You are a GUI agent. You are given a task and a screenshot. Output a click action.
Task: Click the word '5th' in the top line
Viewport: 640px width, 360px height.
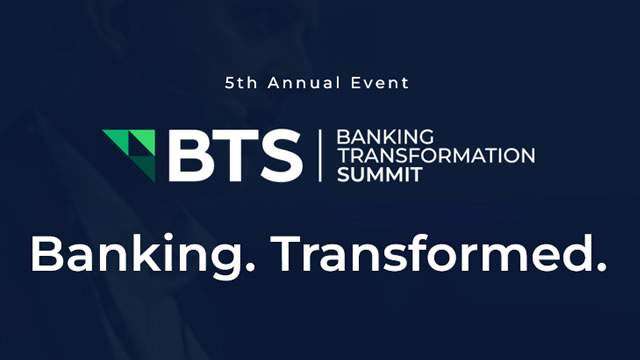pyautogui.click(x=243, y=82)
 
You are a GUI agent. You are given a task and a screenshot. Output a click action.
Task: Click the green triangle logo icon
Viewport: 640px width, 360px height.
pyautogui.click(x=129, y=151)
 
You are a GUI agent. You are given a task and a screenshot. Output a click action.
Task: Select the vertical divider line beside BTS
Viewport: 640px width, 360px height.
pyautogui.click(x=319, y=156)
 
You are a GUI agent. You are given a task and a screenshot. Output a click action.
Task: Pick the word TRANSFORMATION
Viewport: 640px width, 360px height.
pyautogui.click(x=435, y=155)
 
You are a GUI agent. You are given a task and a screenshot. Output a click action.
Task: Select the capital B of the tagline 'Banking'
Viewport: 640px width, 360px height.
pyautogui.click(x=47, y=254)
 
